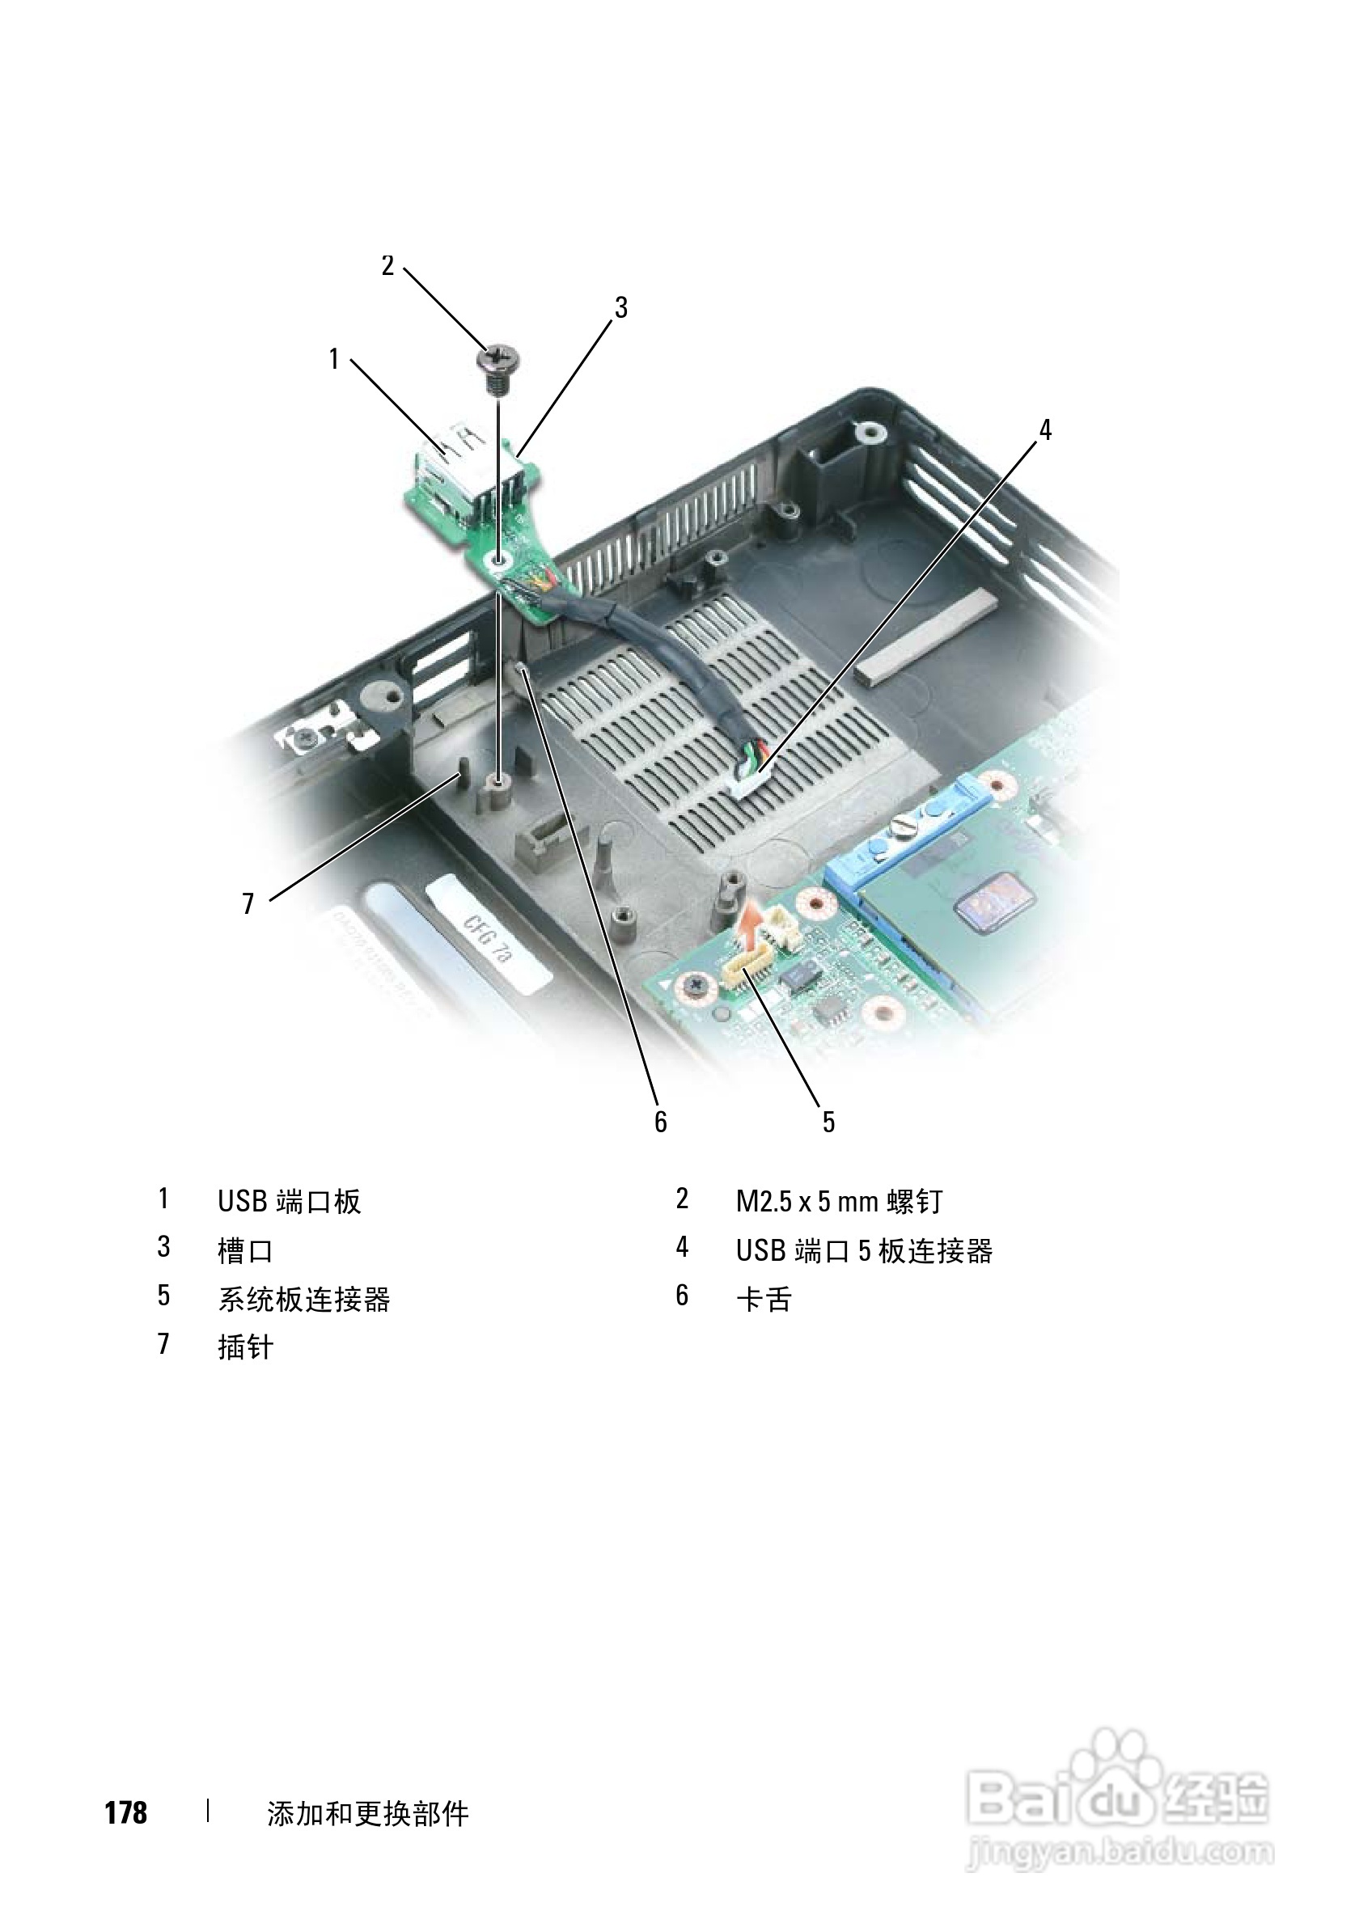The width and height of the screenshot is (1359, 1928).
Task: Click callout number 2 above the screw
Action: pos(387,266)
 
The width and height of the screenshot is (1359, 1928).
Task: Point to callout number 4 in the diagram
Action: pos(1045,431)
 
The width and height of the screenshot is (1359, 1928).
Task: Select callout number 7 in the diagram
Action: pos(248,903)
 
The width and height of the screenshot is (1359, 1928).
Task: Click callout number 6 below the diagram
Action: pos(661,1122)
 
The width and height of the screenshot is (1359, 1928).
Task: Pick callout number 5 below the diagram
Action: pos(829,1122)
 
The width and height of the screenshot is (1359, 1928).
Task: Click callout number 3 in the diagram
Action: pos(620,308)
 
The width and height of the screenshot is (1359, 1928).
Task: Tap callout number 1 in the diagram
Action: pos(333,359)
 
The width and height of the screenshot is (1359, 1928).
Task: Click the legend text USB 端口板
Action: pos(289,1202)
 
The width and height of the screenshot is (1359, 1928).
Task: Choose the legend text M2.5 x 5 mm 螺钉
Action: pos(839,1202)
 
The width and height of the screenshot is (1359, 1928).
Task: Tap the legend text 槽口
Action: pos(245,1251)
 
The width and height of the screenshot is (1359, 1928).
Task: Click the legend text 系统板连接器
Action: pos(304,1300)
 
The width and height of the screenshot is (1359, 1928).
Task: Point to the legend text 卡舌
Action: pos(764,1300)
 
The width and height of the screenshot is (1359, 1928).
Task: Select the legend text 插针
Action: pos(245,1348)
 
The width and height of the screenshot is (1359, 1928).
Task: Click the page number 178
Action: pos(126,1813)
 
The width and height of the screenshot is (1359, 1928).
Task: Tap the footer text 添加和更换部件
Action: pos(368,1814)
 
